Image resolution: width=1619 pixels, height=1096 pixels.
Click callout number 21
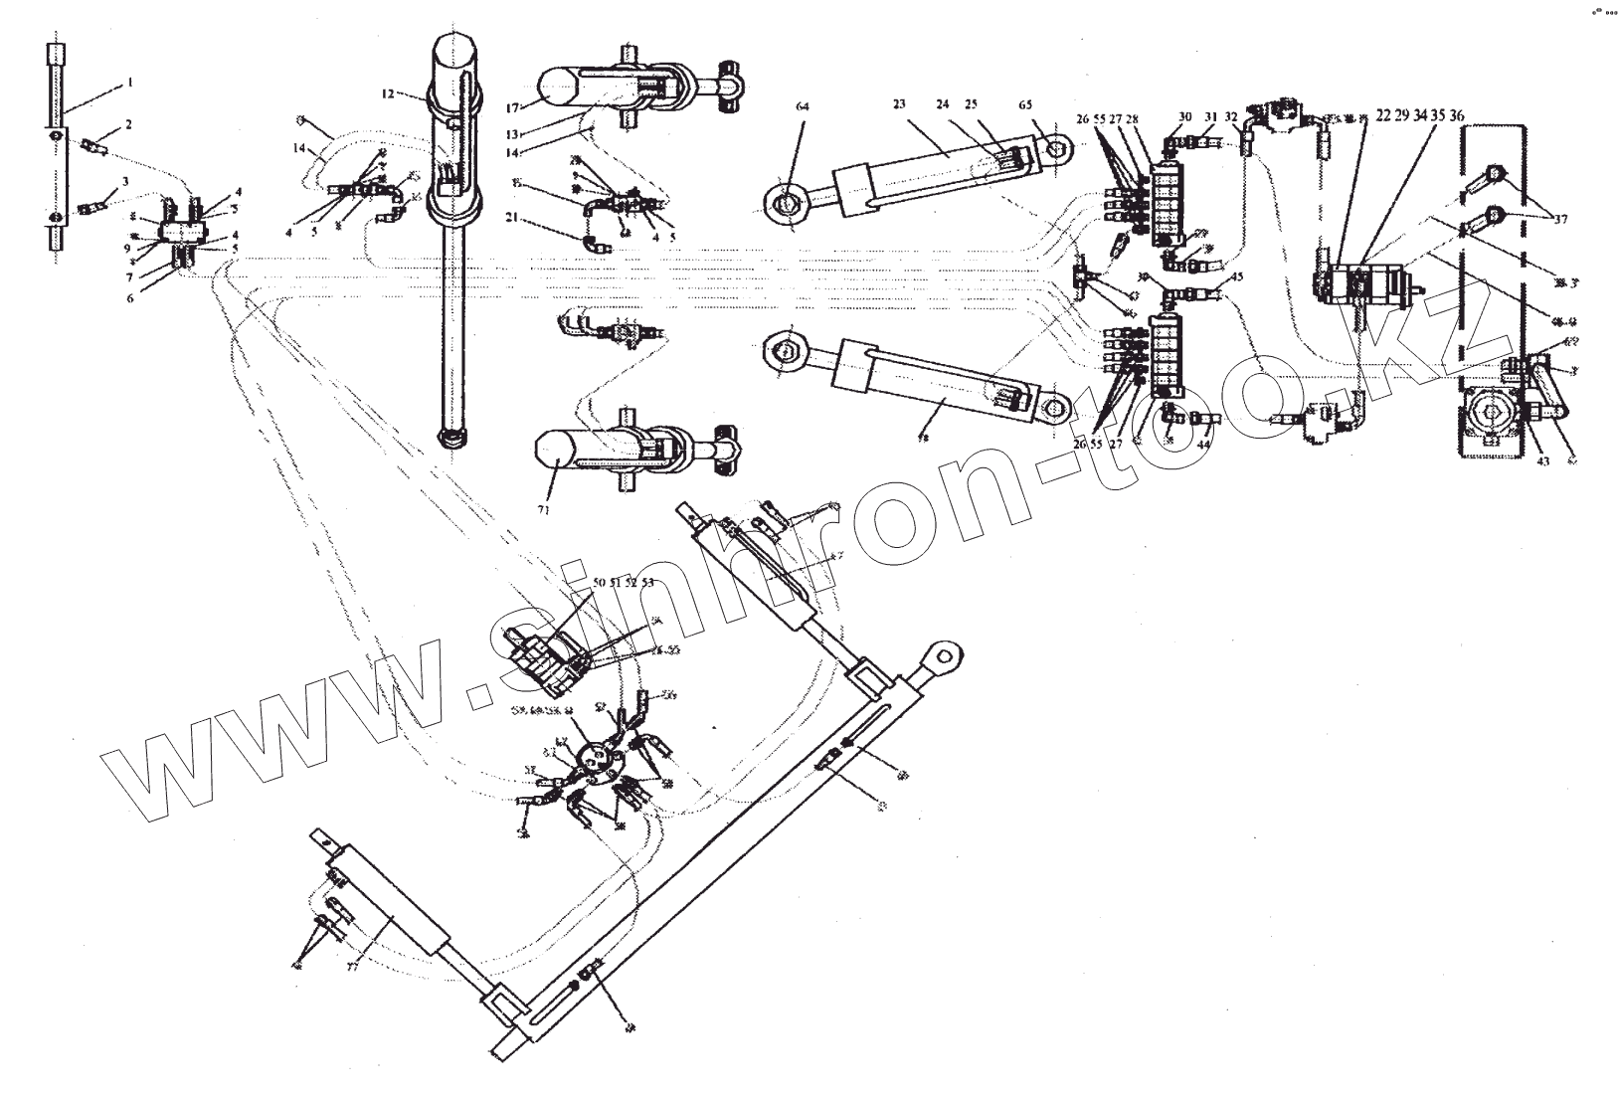click(x=510, y=217)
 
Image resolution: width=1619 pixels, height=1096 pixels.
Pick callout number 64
click(x=803, y=103)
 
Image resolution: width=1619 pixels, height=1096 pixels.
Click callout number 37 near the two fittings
click(x=1559, y=220)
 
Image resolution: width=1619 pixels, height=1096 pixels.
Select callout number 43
click(x=1542, y=459)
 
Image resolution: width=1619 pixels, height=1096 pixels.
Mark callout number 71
click(x=543, y=508)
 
